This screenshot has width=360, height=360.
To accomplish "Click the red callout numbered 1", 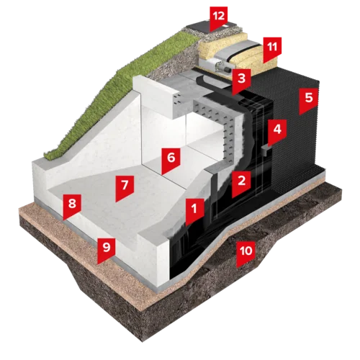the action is pos(194,211).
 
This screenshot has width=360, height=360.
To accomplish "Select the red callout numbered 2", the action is pos(241,183).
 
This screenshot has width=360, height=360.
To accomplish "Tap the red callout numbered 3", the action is pos(241,81).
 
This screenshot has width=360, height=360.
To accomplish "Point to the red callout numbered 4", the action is pos(277,132).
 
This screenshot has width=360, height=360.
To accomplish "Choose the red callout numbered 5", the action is pos(309,100).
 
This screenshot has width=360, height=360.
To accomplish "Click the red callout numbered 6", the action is pos(171,161).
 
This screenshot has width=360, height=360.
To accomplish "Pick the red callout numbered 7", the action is pos(125,188).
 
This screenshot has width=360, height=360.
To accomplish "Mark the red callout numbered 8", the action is pos(72,207).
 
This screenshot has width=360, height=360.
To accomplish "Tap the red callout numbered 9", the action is pos(107,250).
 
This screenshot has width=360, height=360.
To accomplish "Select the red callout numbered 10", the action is pos(246,253).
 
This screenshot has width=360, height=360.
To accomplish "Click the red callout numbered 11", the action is pos(272,49).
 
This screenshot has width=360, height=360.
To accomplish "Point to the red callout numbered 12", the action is pos(218,19).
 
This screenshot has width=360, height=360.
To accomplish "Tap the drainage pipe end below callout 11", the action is pos(221,66).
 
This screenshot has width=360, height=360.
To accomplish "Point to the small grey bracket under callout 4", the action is pos(266,150).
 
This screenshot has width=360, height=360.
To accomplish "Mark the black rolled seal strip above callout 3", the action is pos(211,81).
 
